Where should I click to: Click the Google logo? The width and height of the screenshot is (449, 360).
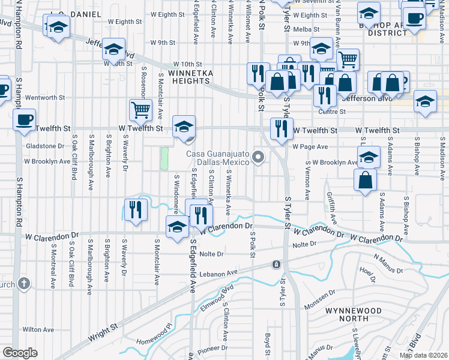coord(20,353)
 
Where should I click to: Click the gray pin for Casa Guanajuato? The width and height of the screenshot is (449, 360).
coord(259,158)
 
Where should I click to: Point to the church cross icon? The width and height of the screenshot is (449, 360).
coord(23,283)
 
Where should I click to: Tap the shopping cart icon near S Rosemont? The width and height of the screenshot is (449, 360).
coord(140,110)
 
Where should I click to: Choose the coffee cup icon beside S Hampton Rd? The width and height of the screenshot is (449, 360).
coord(25,119)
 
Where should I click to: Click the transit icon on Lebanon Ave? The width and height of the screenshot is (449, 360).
coord(276,264)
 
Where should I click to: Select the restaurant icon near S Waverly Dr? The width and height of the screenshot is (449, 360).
coord(135,209)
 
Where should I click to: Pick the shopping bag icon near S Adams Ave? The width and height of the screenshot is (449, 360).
coord(366,180)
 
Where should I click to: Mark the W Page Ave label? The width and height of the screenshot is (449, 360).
coord(310,146)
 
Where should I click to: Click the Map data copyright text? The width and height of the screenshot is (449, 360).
coord(423,355)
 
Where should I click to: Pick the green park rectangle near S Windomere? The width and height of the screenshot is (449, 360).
coord(164,158)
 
